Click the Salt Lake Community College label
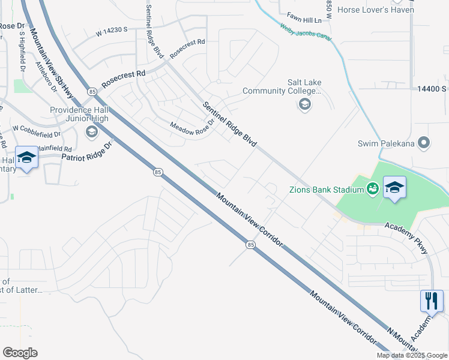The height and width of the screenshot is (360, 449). click(x=282, y=86)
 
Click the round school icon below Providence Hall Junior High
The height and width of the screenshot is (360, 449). click(x=92, y=132)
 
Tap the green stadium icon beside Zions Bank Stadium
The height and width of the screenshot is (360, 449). click(x=372, y=189)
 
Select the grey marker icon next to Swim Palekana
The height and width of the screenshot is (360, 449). click(x=424, y=143)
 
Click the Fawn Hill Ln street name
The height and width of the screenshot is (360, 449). click(x=305, y=20)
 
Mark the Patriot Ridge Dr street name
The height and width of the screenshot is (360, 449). click(x=88, y=152)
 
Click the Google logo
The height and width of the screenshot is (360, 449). click(x=20, y=353)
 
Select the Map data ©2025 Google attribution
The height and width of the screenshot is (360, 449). click(x=411, y=355)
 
